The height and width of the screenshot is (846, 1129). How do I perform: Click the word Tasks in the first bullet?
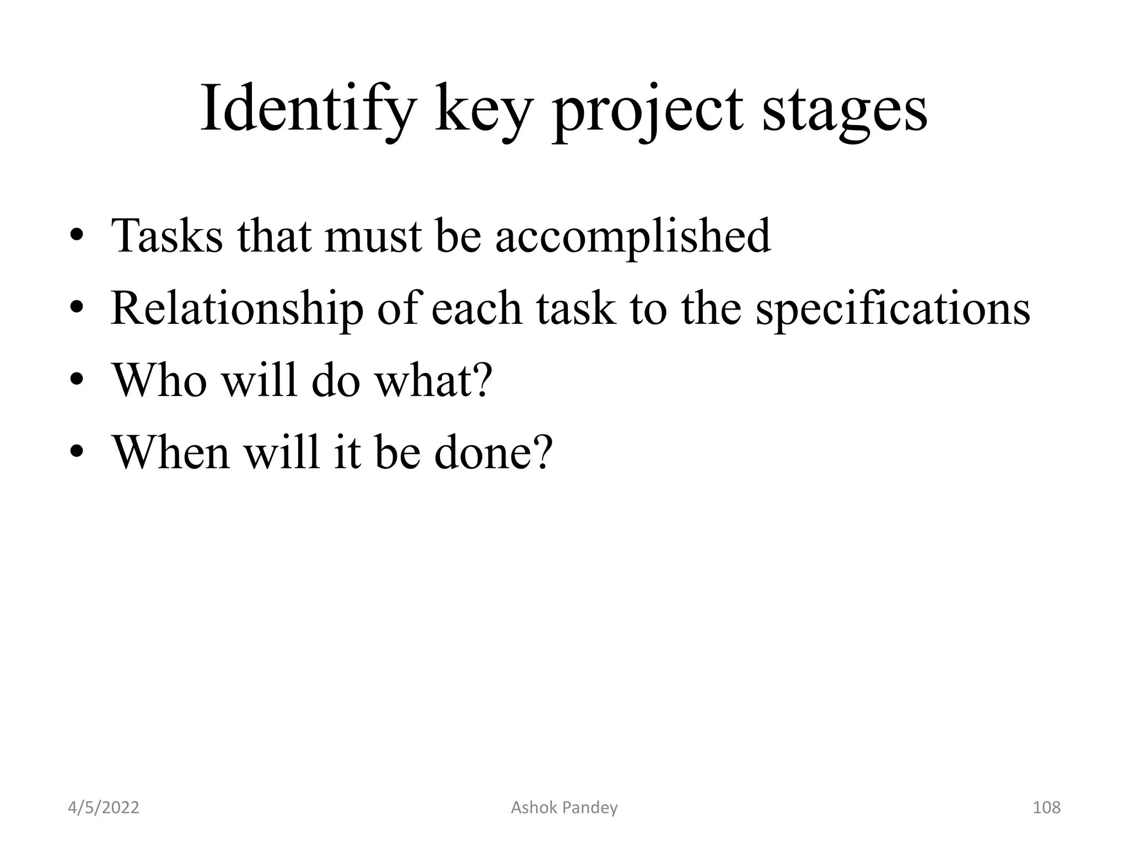point(167,236)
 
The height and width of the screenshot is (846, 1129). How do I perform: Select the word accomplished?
point(633,236)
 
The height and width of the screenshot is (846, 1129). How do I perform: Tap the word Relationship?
point(237,308)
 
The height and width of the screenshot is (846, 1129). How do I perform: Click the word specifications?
point(893,308)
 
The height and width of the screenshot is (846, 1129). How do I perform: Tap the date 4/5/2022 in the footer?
point(104,807)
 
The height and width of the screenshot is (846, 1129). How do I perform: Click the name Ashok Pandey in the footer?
point(564,807)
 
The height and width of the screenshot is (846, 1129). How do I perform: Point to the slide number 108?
point(1046,807)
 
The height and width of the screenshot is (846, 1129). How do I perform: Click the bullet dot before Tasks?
point(77,237)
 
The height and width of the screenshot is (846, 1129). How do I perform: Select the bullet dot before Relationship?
point(77,309)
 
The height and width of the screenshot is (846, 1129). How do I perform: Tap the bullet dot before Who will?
point(77,381)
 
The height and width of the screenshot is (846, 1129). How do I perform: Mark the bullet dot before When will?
point(77,453)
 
